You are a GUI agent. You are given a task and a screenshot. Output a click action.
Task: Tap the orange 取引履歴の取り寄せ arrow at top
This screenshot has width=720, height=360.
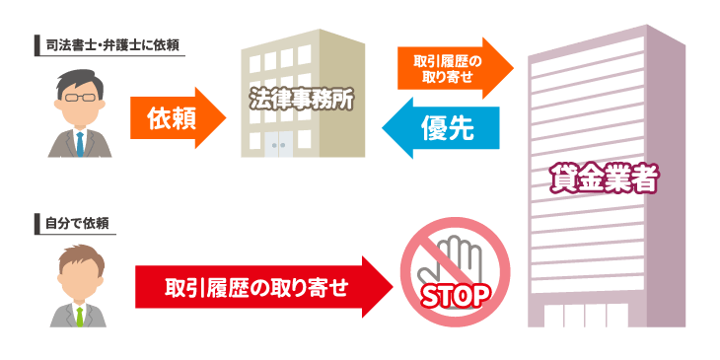455,68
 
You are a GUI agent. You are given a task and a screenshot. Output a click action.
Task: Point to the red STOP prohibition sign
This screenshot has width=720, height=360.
455,272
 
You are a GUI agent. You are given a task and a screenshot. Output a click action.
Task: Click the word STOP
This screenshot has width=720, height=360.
456,294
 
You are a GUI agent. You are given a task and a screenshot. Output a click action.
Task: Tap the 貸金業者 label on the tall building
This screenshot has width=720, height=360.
604,179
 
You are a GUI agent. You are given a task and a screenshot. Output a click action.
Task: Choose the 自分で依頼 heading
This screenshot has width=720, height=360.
75,224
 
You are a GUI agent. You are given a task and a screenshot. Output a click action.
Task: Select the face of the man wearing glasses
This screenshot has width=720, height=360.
80,104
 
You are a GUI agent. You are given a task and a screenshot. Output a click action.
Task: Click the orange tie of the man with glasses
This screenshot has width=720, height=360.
80,144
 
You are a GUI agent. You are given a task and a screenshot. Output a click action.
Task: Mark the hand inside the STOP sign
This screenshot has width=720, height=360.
457,256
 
